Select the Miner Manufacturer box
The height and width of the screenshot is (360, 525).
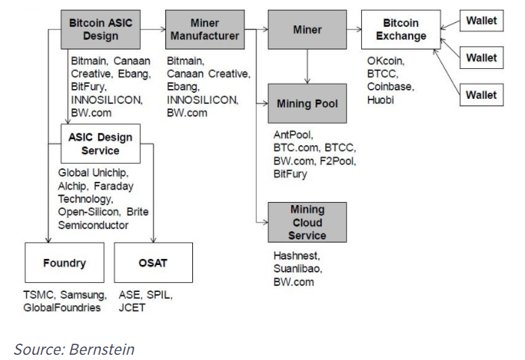[204, 29]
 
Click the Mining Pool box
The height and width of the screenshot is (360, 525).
[307, 103]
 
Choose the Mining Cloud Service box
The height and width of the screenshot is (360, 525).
[307, 222]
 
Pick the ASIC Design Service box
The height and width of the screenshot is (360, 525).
[99, 144]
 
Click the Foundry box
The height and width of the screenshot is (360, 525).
[64, 263]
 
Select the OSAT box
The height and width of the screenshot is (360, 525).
[153, 263]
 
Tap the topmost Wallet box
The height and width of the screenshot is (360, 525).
[481, 20]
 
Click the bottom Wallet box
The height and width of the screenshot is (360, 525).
[481, 95]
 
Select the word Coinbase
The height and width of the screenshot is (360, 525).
[389, 86]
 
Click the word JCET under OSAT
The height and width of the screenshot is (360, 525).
[132, 308]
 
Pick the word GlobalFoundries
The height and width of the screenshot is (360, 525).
[61, 308]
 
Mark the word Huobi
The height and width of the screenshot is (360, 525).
[381, 99]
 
